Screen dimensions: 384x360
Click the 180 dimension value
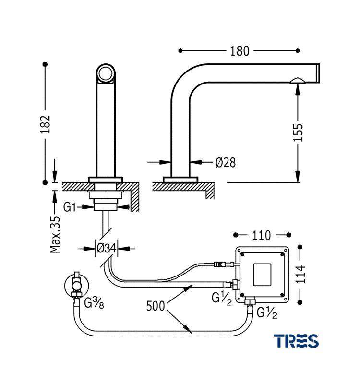240,50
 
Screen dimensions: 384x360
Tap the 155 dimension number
298,132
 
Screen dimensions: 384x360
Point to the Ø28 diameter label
225,162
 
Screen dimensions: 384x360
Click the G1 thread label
71,207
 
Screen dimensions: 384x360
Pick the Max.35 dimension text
56,234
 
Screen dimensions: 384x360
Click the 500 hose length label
156,305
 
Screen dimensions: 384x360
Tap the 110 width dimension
262,235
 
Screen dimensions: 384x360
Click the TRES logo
296,341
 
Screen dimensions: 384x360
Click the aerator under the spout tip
297,80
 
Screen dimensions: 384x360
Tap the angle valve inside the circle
76,285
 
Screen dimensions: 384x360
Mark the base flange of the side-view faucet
180,180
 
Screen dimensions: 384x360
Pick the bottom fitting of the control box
250,302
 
